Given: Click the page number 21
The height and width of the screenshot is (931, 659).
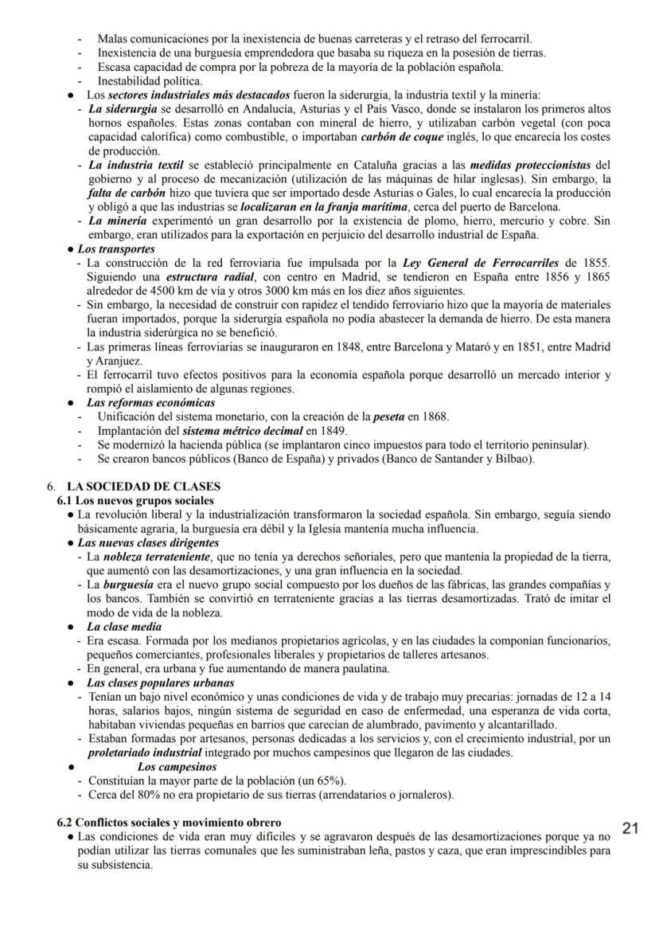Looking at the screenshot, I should point(630,828).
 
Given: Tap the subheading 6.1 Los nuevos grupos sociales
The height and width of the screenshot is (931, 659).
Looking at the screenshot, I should point(135,500).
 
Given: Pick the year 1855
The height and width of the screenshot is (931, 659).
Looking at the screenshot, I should point(594,263).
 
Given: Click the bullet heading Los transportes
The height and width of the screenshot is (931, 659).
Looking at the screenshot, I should point(116,248).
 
